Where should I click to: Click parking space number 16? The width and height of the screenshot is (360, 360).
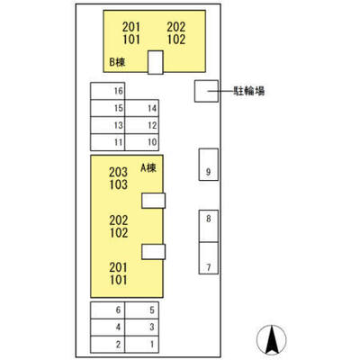coord(108,91)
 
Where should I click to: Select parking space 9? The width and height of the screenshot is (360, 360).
coord(209,165)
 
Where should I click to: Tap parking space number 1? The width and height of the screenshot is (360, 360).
coord(142,345)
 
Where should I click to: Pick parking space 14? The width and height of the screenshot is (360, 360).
coord(142,108)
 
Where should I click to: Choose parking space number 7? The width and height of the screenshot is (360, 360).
coord(209,258)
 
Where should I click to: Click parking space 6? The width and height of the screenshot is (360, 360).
coord(108,310)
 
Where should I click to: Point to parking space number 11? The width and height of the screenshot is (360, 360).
coord(108,142)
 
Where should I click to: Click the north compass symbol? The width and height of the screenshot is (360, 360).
coord(272,340)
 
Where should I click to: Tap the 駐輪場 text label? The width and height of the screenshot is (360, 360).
coord(249,91)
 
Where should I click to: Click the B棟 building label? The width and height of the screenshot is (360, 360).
coord(117,62)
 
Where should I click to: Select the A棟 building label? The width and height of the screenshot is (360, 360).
coord(148,167)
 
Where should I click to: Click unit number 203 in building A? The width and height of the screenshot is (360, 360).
coord(118,172)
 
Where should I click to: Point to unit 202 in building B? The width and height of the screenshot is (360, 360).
coord(176,27)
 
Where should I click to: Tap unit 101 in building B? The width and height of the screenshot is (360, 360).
coord(131,40)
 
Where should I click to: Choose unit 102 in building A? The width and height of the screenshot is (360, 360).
coord(119,233)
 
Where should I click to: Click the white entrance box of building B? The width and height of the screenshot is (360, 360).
coord(156,62)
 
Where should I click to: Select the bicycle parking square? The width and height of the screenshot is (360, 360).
coord(206,91)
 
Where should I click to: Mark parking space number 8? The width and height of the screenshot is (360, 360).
coord(209,226)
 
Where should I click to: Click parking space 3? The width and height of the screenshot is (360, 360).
coord(142,328)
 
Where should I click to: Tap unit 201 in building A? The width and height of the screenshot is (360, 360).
coord(119,267)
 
